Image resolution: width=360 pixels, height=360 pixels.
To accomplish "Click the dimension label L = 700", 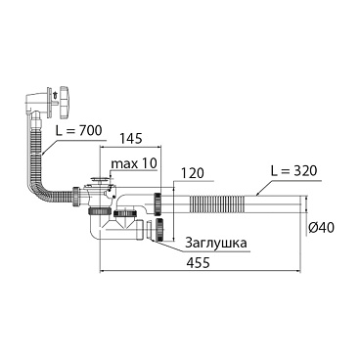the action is (x=77, y=132).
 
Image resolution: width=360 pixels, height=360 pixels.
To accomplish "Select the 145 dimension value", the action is (x=130, y=139).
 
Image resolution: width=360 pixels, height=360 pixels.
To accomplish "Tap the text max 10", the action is (x=134, y=163).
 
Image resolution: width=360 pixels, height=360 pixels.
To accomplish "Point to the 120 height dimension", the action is (x=193, y=173).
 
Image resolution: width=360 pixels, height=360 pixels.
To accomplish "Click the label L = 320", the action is (x=293, y=171).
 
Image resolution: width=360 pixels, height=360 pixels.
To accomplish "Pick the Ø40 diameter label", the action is (x=321, y=227).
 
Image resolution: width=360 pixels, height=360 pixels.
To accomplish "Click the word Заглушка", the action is (x=216, y=243).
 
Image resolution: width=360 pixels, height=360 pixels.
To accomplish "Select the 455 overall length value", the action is (x=197, y=263).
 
